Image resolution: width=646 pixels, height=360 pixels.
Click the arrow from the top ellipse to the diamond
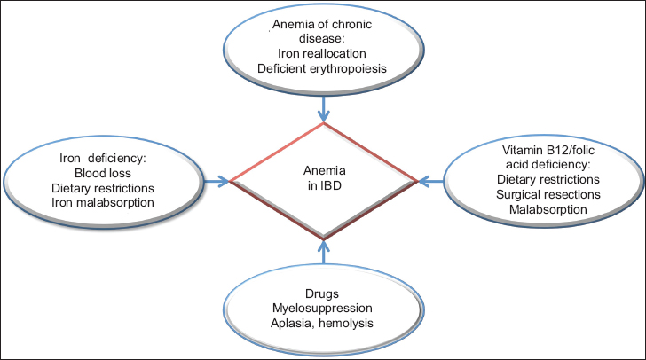[x=324, y=109]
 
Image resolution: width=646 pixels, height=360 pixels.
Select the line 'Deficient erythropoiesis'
[x=322, y=70]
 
